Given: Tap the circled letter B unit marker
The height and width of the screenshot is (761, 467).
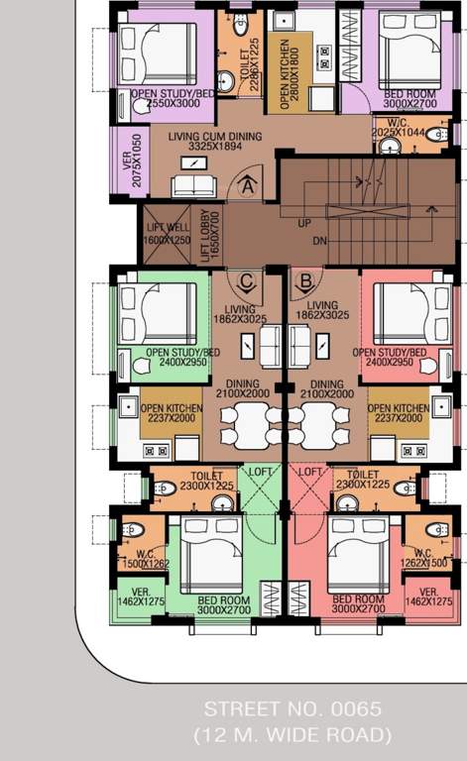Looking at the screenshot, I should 306,279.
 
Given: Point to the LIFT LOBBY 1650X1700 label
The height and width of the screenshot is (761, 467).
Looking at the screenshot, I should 207,235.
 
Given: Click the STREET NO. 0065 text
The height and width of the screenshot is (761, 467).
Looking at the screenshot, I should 292,709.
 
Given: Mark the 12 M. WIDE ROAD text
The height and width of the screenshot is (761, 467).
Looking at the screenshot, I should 292,734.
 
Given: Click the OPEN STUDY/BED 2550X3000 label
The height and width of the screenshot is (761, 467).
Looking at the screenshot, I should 174,100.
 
